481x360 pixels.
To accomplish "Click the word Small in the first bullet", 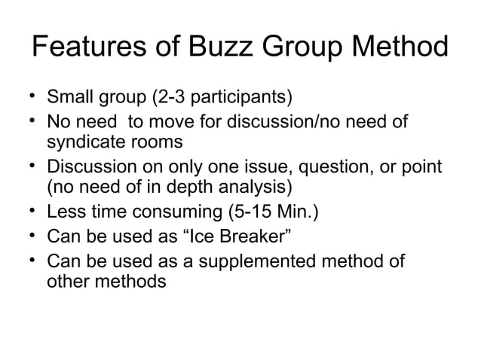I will click(69, 99).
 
